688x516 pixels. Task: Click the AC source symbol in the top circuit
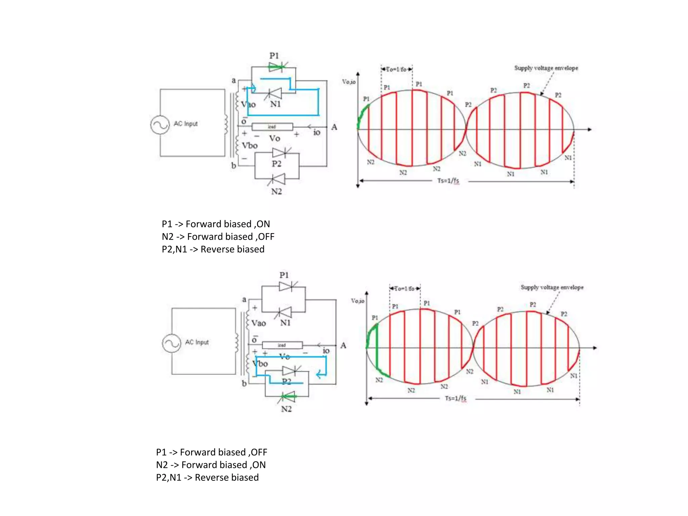(160, 125)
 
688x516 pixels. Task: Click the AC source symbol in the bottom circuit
(171, 343)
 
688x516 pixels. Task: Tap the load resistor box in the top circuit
(272, 127)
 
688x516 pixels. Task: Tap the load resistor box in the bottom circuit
(282, 345)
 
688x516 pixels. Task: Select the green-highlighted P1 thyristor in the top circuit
(276, 67)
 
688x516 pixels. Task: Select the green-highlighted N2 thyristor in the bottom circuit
(287, 397)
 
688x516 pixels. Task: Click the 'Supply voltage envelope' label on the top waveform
(546, 68)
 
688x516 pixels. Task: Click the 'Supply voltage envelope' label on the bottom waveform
(552, 287)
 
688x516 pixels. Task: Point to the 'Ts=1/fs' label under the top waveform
(448, 181)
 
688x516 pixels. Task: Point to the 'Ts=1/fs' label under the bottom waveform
(456, 398)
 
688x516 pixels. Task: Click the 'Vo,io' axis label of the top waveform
(349, 82)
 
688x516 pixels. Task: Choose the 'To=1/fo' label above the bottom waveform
(404, 289)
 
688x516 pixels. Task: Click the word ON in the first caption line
(263, 224)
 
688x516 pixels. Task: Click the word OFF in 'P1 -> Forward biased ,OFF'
(259, 452)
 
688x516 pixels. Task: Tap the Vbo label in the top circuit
(250, 145)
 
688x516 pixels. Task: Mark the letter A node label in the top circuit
(334, 127)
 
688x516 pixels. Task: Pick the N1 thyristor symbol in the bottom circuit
(284, 312)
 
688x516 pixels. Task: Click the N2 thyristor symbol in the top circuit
(277, 179)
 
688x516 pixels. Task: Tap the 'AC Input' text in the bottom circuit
(197, 342)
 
